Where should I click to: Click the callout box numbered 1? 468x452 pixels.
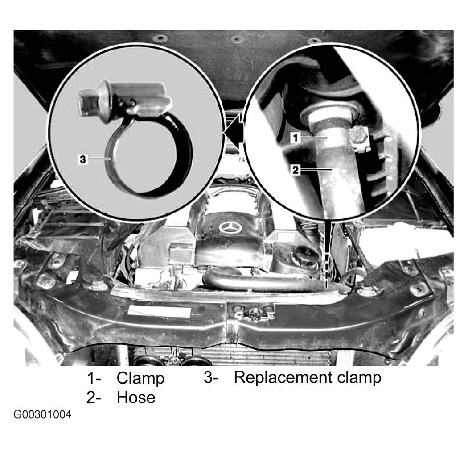click(x=296, y=138)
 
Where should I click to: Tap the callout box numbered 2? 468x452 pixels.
click(x=296, y=170)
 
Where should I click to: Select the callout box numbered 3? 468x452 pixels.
click(x=82, y=159)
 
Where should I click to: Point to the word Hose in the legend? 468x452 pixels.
click(x=136, y=398)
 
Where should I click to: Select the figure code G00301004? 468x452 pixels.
click(x=42, y=415)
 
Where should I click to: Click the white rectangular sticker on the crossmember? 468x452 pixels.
click(x=159, y=311)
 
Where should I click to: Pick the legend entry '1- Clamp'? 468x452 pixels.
click(x=126, y=378)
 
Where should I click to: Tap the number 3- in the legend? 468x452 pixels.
click(x=211, y=378)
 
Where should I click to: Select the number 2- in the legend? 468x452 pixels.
click(x=94, y=398)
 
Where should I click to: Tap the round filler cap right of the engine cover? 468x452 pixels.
click(x=304, y=261)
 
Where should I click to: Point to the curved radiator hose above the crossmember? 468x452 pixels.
click(x=263, y=282)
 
